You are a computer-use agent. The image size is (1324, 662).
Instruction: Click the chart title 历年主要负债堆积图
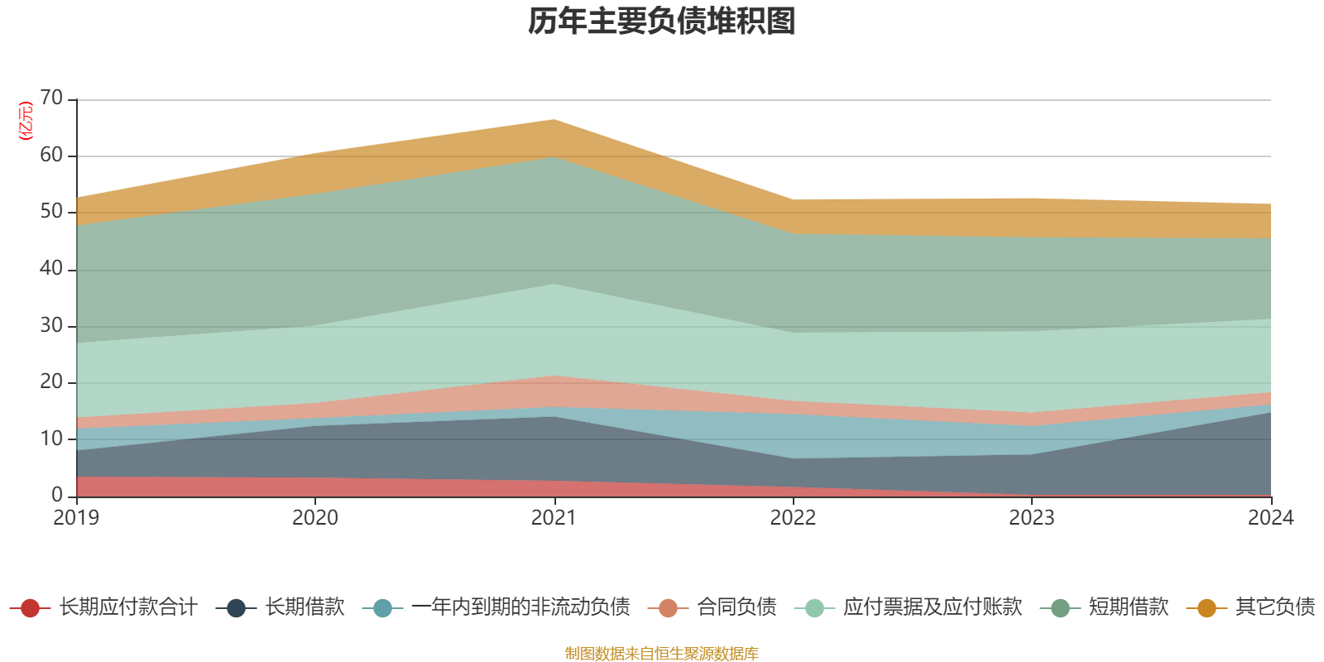click(x=662, y=22)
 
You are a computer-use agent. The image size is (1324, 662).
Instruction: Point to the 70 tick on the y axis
click(x=51, y=98)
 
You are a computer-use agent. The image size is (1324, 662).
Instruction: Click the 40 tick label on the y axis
click(x=51, y=268)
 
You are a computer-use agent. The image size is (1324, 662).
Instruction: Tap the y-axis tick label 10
click(x=51, y=439)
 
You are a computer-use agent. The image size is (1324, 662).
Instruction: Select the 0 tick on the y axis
click(x=56, y=495)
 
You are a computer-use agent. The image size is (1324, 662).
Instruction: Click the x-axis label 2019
click(x=76, y=518)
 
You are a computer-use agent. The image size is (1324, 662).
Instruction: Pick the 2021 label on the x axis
click(x=554, y=518)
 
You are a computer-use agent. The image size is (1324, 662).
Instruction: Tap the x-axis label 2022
click(x=793, y=518)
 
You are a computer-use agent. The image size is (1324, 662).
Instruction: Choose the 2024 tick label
click(x=1270, y=518)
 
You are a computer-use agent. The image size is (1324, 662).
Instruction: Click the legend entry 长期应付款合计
click(x=127, y=607)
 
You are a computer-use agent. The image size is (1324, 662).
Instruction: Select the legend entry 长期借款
click(x=304, y=607)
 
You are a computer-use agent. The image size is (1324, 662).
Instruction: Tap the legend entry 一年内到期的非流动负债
click(x=520, y=607)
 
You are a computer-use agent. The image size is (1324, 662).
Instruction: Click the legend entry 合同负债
click(x=736, y=607)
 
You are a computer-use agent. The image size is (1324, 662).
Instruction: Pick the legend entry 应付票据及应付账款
click(x=932, y=607)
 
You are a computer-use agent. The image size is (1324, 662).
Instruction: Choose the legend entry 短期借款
click(x=1128, y=607)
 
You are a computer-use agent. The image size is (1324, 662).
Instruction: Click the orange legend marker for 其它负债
click(x=1206, y=608)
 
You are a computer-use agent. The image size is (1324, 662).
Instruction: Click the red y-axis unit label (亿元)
click(x=26, y=121)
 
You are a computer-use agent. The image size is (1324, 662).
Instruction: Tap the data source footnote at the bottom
click(x=662, y=654)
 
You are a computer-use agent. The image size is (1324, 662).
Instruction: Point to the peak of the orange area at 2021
click(x=554, y=120)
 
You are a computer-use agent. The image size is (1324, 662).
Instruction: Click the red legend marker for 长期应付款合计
click(x=30, y=608)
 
